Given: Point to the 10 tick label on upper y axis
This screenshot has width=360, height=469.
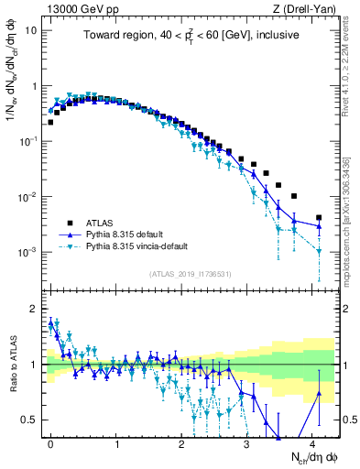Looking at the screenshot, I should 29,30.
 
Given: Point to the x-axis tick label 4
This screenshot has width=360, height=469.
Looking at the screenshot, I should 313,442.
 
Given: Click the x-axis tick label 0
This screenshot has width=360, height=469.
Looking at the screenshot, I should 51,442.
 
